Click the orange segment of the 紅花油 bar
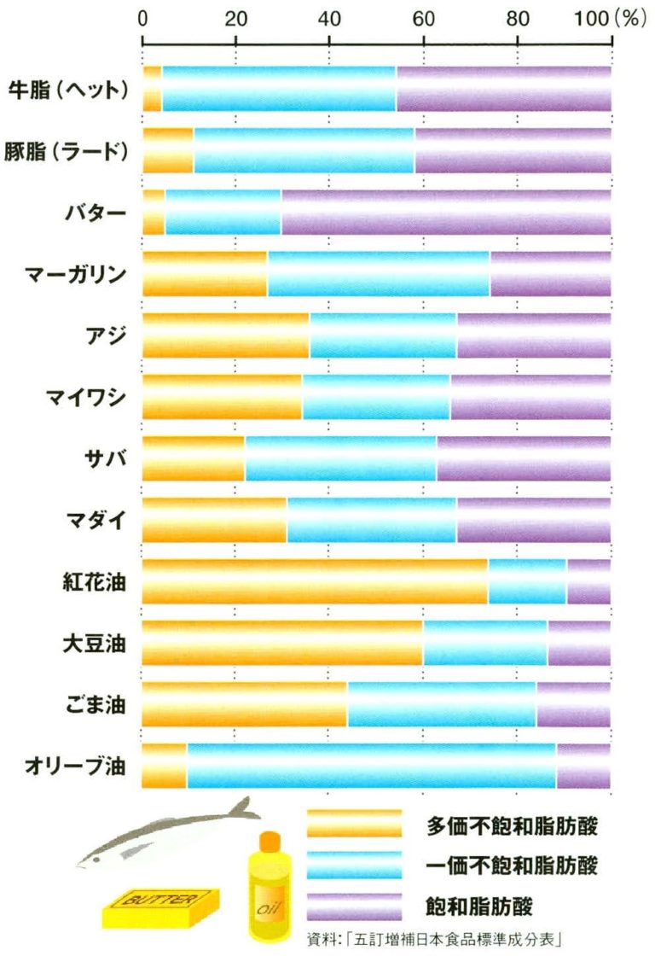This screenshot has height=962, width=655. [x=315, y=581]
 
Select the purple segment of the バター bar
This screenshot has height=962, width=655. [x=445, y=212]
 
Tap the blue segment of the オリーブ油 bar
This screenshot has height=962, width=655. [x=371, y=766]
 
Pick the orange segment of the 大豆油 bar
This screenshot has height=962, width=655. [x=282, y=643]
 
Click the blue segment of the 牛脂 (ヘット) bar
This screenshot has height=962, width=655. [x=278, y=89]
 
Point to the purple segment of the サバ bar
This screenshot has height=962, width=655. [x=523, y=458]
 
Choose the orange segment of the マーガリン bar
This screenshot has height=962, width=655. [x=205, y=273]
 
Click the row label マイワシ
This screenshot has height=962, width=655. [x=86, y=397]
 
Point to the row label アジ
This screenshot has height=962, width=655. [x=107, y=335]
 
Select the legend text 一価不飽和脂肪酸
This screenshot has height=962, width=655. [x=512, y=865]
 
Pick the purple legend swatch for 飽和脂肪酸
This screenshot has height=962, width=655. [x=354, y=906]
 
